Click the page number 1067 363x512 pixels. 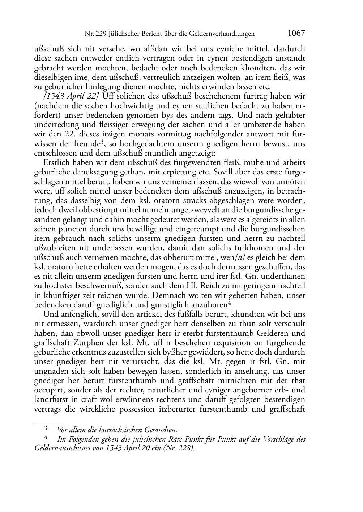point(296,33)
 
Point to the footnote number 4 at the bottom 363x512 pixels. point(46,438)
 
